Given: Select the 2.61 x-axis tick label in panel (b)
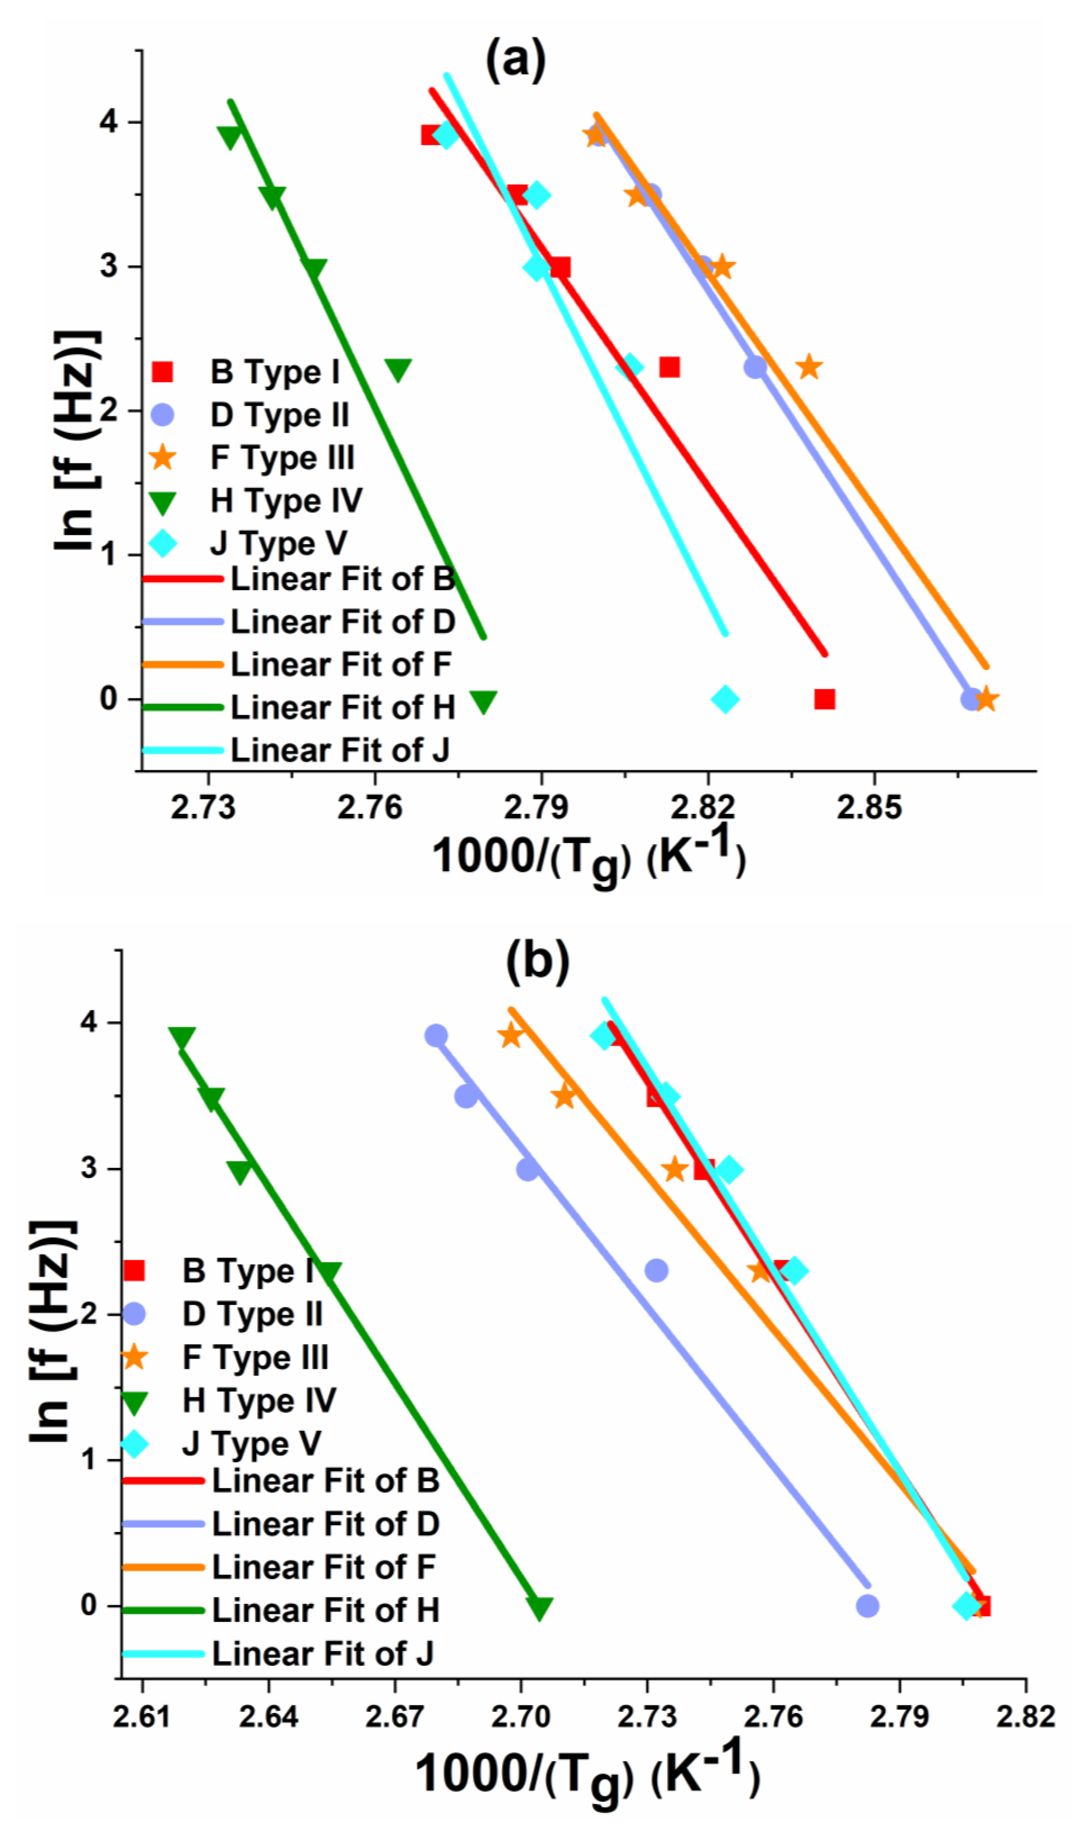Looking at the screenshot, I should (142, 1717).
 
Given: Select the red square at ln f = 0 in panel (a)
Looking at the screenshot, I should (825, 699).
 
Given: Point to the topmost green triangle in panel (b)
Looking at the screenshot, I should (181, 1038).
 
